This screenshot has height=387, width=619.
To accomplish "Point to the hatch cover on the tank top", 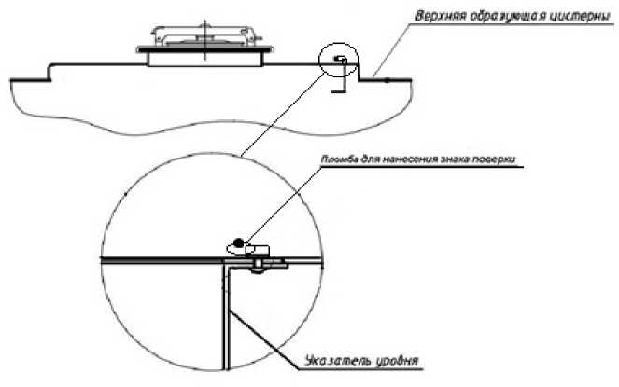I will click(204, 38).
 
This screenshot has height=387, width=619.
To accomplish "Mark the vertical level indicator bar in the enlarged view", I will click(224, 317).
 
